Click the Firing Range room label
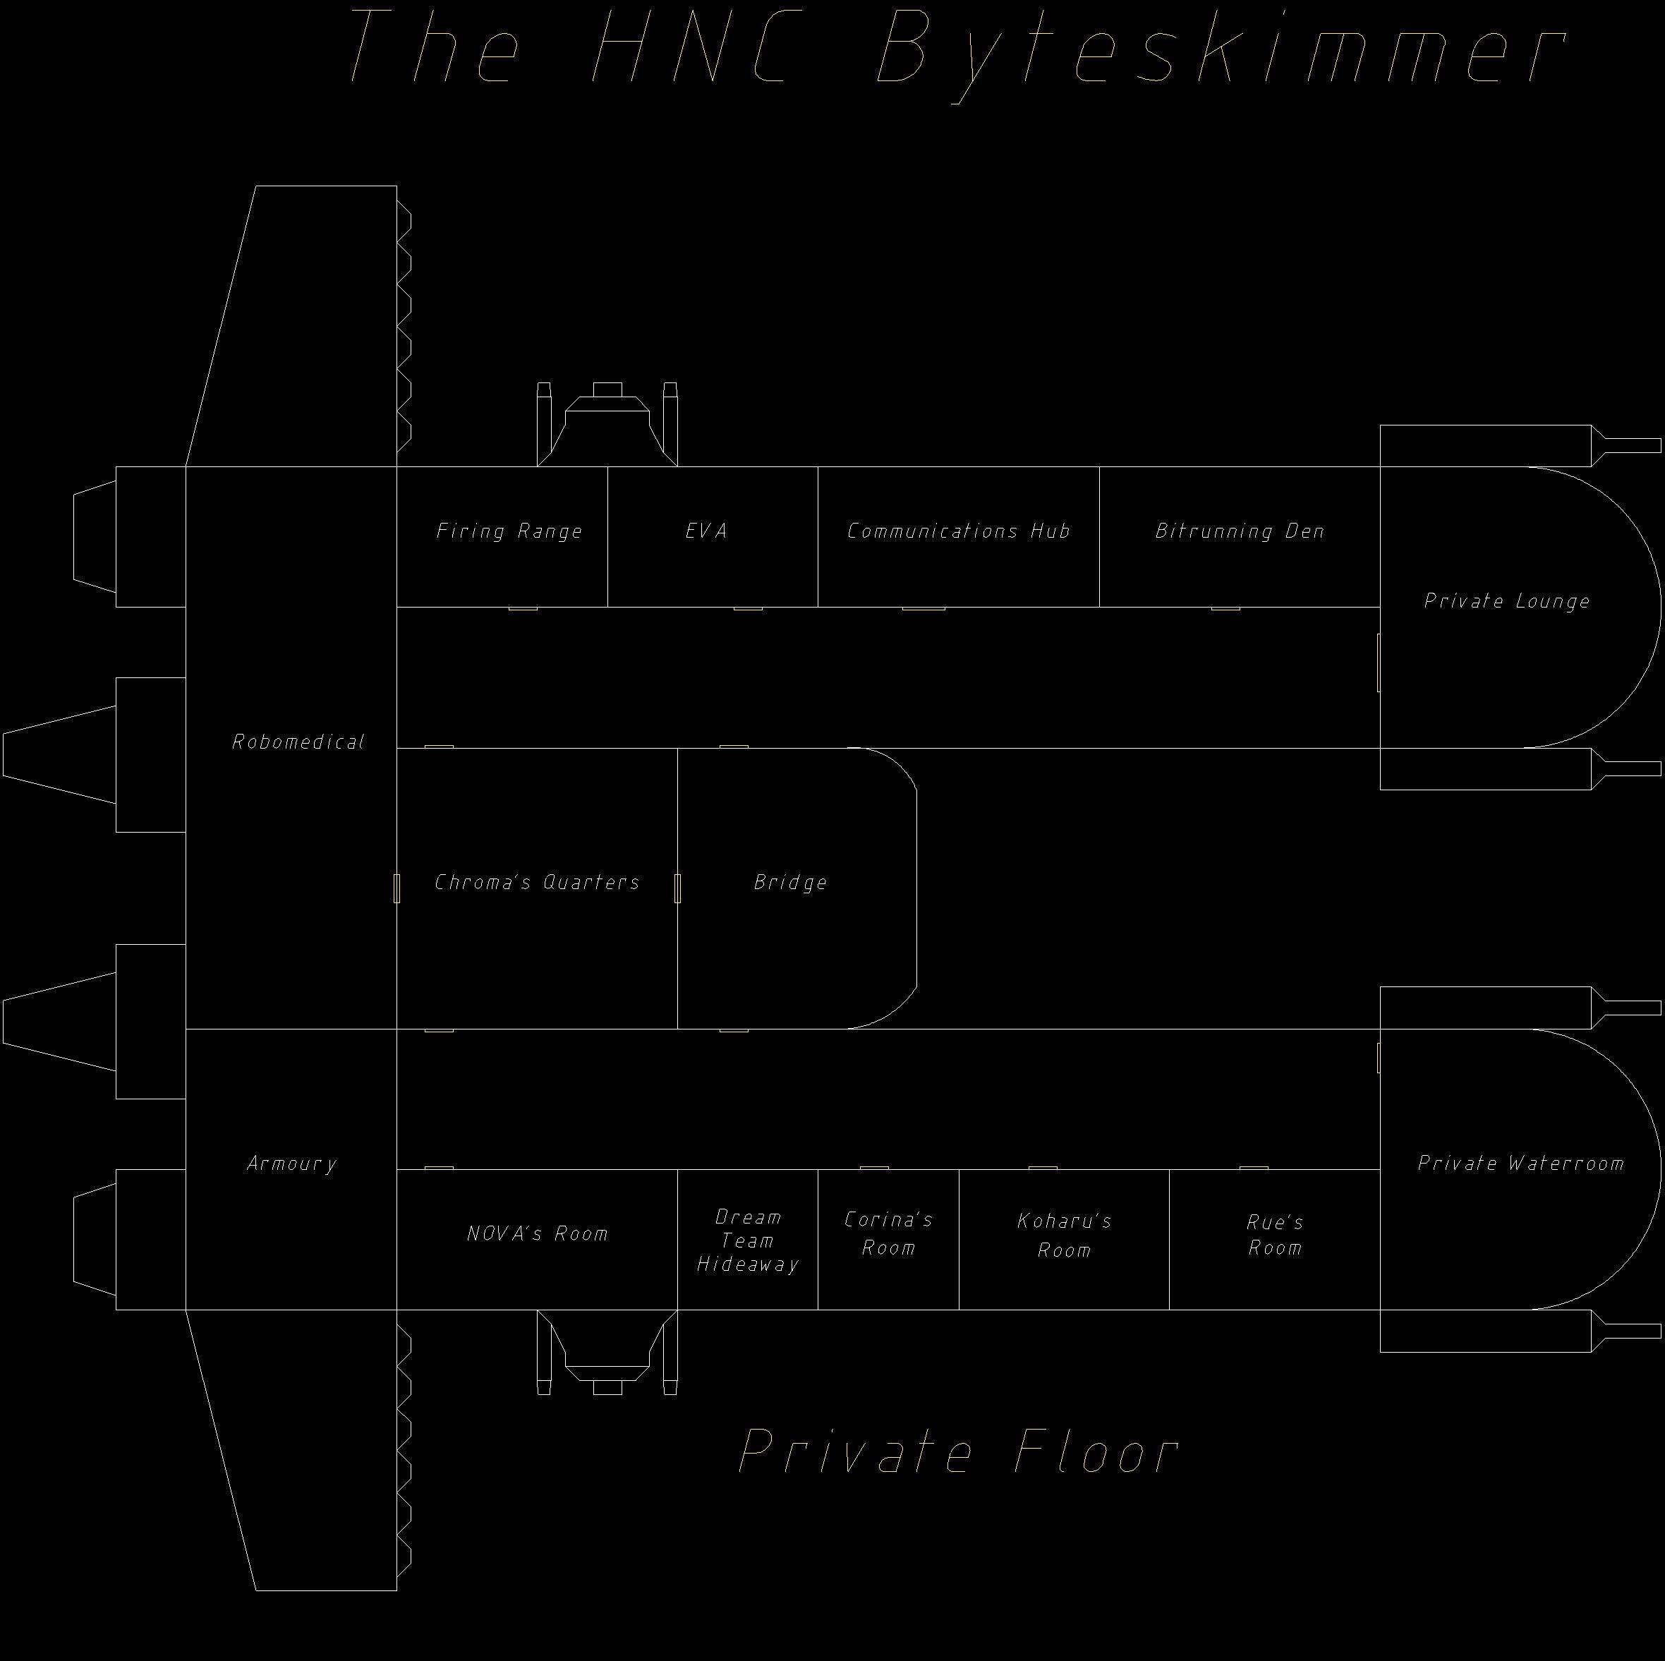[509, 531]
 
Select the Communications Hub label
[958, 531]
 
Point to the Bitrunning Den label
[1240, 531]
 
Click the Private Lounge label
[1506, 600]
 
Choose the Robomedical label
[298, 742]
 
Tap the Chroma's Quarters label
[537, 882]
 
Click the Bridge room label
[790, 882]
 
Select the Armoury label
[291, 1163]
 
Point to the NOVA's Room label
[537, 1233]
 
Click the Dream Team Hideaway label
[747, 1240]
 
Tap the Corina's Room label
[888, 1233]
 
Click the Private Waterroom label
[1520, 1163]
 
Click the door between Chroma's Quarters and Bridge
[677, 888]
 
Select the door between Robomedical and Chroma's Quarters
[396, 888]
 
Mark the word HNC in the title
[689, 47]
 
